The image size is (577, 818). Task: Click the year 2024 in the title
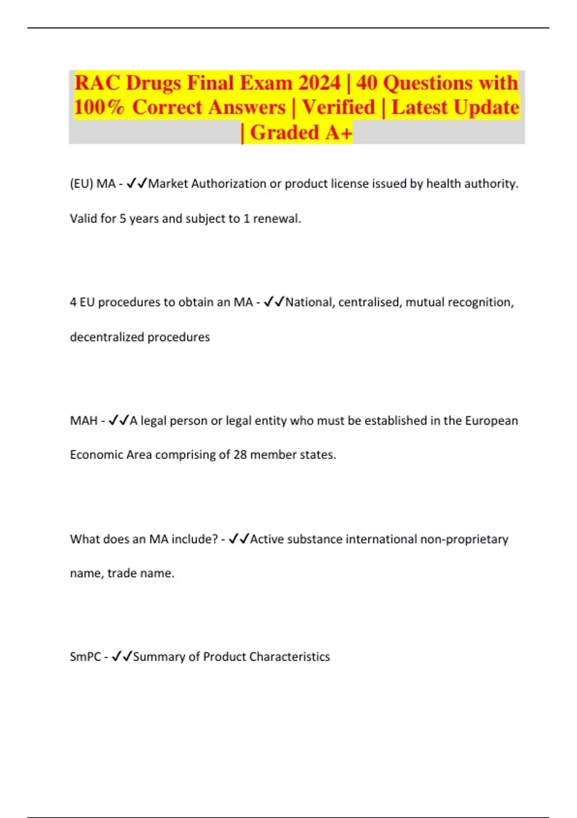click(319, 83)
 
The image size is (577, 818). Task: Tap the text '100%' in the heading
click(99, 107)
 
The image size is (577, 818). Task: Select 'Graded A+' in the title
click(301, 132)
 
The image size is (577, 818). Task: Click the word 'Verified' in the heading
click(339, 107)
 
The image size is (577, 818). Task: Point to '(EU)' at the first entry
click(81, 184)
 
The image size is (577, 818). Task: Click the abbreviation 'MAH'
click(84, 421)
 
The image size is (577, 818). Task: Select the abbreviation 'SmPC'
click(85, 657)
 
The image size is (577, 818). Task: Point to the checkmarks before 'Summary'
click(122, 657)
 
